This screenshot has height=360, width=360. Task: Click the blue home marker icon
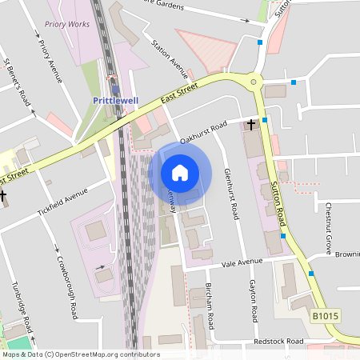click(x=180, y=173)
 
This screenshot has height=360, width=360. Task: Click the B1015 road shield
click(x=324, y=318)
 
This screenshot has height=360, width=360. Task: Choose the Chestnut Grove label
click(x=328, y=229)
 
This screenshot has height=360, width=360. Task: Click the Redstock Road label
click(x=279, y=342)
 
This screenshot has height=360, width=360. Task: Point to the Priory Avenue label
click(x=50, y=59)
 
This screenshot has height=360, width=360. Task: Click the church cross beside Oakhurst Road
click(x=251, y=125)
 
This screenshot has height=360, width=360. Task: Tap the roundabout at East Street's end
click(x=254, y=80)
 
